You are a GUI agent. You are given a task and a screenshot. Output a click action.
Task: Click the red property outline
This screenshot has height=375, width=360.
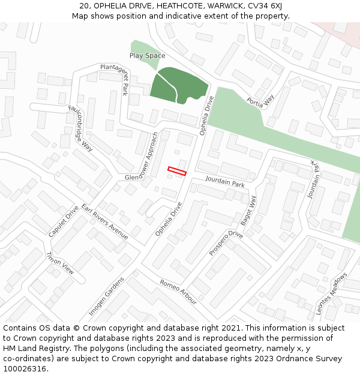coord(177,171)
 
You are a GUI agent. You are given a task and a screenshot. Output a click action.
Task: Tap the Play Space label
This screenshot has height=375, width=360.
coord(147,56)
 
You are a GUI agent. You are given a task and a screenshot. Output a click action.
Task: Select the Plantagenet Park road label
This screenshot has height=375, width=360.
coord(115,80)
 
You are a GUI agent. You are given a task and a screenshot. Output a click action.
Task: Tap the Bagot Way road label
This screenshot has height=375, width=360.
coord(249,211)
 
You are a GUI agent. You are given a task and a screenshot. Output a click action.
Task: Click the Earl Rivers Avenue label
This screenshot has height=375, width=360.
coord(105,222)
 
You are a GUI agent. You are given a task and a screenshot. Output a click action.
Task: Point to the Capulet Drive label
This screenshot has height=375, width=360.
coord(64,221)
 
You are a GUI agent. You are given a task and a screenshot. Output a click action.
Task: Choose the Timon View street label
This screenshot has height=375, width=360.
coord(60,263)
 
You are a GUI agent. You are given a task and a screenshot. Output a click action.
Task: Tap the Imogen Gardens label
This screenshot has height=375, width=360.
coord(106,296)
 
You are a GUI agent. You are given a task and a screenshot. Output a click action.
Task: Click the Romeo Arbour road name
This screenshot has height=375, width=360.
coord(178,292)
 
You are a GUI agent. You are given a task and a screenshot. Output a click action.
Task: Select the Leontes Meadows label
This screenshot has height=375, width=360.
coord(332,294)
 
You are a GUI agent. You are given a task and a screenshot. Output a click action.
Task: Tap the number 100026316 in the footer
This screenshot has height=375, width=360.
coord(25,369)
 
